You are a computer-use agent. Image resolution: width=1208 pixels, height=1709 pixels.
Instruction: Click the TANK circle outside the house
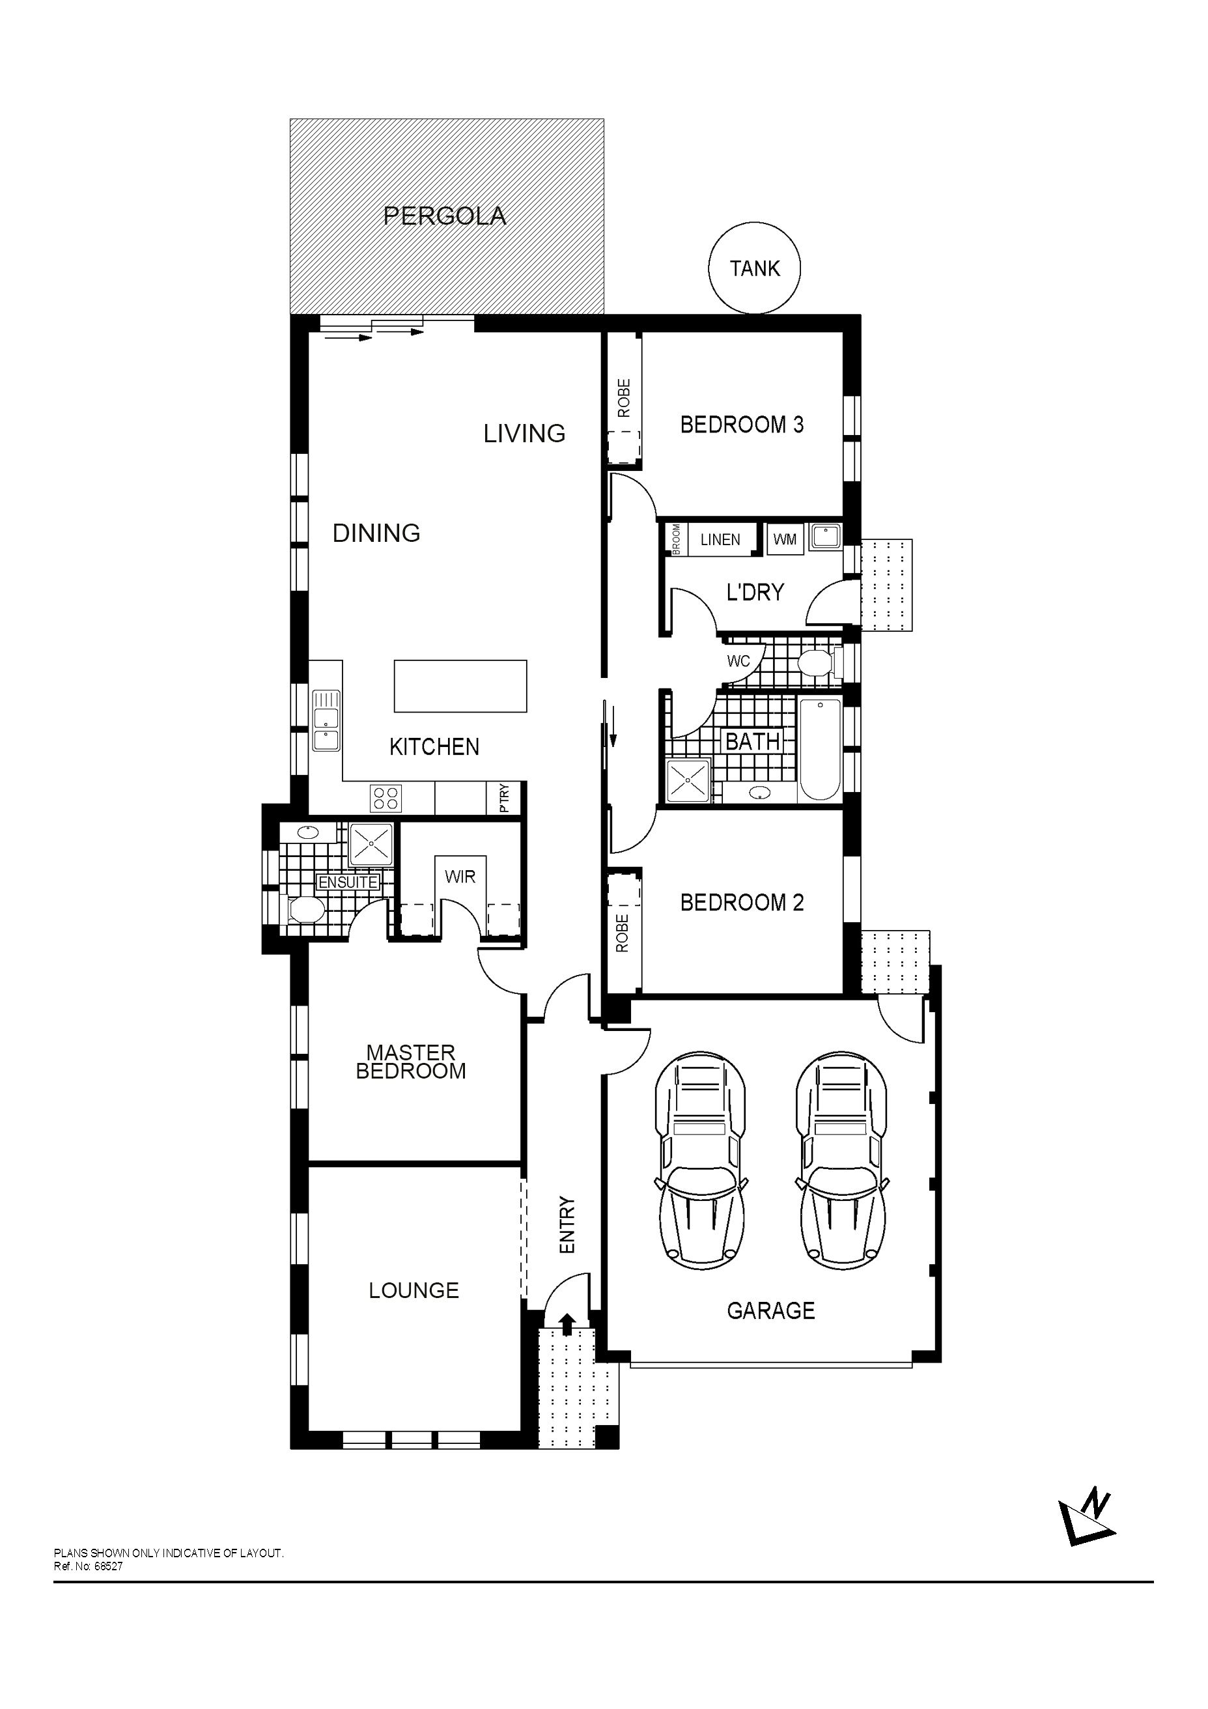pos(754,269)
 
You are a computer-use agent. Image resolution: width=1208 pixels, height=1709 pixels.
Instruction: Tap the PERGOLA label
pos(444,216)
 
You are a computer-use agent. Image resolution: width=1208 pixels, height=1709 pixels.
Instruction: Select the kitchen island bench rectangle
pos(460,686)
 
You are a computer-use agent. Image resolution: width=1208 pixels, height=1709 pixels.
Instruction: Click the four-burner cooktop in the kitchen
pos(386,798)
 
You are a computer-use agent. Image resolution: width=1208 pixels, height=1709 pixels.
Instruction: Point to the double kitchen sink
pos(325,720)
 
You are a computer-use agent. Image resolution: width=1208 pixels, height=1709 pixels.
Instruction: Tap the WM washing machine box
pos(785,540)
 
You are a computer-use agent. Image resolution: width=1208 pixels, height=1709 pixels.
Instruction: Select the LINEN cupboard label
pos(720,540)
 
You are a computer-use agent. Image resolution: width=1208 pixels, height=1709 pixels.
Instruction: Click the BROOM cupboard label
pos(676,540)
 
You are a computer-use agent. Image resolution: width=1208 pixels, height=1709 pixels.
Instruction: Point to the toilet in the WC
pos(816,662)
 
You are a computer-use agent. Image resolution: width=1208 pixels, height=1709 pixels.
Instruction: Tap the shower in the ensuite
pos(371,845)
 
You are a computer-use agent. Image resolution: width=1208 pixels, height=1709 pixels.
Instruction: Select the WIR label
pos(459,876)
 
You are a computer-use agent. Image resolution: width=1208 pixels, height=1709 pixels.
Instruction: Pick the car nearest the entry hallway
pos(699,1159)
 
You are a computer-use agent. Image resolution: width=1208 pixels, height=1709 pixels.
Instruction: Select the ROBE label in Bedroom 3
pos(624,397)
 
